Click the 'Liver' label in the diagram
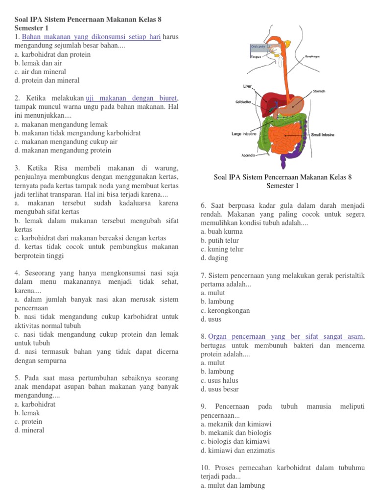click(x=247, y=86)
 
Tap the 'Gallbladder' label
click(x=243, y=102)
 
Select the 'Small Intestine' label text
click(x=322, y=134)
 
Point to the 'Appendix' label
click(x=249, y=155)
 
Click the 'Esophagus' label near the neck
click(x=312, y=57)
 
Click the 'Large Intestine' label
click(x=244, y=133)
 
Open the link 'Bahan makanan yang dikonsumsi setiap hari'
click(x=92, y=37)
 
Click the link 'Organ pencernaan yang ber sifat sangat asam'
click(x=286, y=336)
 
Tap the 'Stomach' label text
click(x=319, y=91)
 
